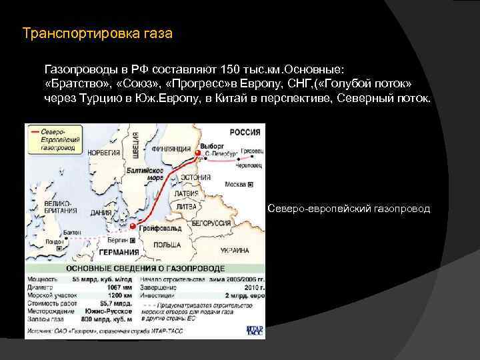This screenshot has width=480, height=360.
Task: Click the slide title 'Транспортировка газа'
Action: coord(97,33)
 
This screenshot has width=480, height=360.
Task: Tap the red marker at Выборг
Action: coord(197,153)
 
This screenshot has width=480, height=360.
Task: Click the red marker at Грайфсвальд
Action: coord(133,227)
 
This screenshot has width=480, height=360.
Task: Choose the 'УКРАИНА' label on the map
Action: coord(235,251)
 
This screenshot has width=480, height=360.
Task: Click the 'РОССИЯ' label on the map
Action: coord(245,132)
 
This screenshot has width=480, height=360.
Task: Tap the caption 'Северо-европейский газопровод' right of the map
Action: coord(349,209)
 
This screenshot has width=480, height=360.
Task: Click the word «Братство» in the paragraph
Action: coord(74,85)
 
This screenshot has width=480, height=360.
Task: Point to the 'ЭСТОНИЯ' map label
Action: coord(196,178)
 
